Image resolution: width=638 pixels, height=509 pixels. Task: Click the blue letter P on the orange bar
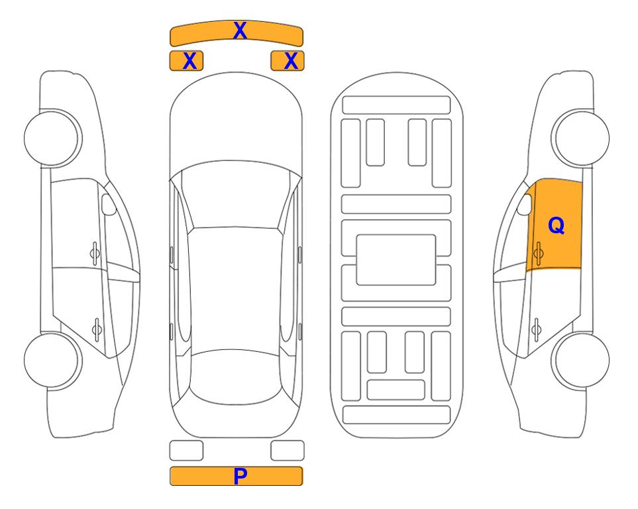[240, 476]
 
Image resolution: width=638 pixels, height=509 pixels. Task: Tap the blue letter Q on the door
[557, 225]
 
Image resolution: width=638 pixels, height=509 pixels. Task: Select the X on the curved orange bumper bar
[240, 30]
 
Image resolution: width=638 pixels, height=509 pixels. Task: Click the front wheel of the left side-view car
[52, 139]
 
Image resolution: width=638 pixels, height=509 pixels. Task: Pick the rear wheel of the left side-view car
[52, 360]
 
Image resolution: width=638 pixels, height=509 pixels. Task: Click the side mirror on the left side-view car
[109, 204]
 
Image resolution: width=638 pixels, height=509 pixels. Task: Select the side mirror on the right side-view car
[525, 204]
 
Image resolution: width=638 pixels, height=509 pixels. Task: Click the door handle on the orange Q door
[538, 253]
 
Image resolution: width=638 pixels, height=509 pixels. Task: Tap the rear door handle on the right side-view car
[536, 329]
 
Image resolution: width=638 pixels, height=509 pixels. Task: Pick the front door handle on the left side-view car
[95, 253]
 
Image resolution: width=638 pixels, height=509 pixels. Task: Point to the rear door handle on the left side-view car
[97, 329]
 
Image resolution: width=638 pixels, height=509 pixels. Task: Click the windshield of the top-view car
[236, 196]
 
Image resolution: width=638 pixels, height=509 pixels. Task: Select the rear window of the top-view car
[236, 376]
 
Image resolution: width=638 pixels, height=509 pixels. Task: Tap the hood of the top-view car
[236, 122]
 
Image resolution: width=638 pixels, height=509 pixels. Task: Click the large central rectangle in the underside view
[396, 260]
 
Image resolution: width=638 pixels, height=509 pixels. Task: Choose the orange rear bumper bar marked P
[236, 476]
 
